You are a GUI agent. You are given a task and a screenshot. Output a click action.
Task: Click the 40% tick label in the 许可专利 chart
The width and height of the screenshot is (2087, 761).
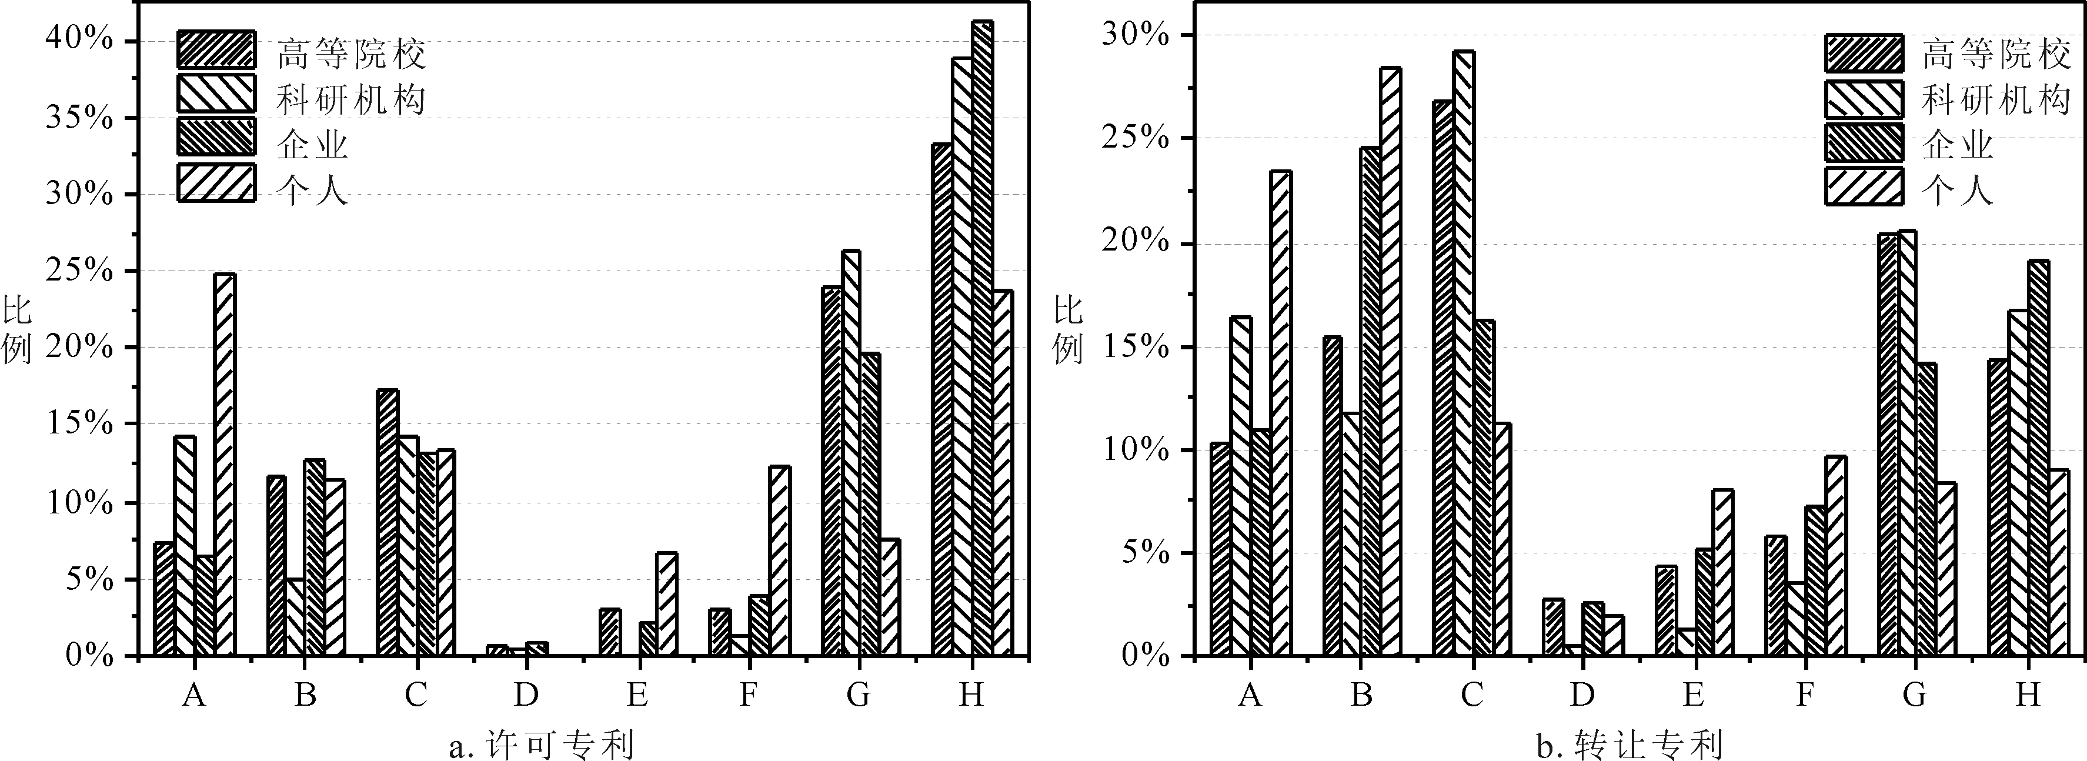click(79, 41)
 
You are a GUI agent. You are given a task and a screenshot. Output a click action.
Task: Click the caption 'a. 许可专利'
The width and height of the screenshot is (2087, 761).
click(541, 743)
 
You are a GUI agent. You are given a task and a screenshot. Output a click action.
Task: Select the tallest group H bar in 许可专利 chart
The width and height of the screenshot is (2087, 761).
click(982, 338)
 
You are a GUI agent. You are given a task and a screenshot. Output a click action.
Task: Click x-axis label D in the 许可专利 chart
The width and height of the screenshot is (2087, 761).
click(526, 694)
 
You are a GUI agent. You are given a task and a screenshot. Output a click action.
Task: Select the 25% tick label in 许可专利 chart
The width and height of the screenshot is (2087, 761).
click(79, 271)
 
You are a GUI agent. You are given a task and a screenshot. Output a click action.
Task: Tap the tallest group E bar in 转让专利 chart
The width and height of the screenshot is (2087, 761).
click(1722, 572)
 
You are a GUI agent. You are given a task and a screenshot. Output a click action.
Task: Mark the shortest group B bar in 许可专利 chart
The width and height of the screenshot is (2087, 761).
click(294, 617)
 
